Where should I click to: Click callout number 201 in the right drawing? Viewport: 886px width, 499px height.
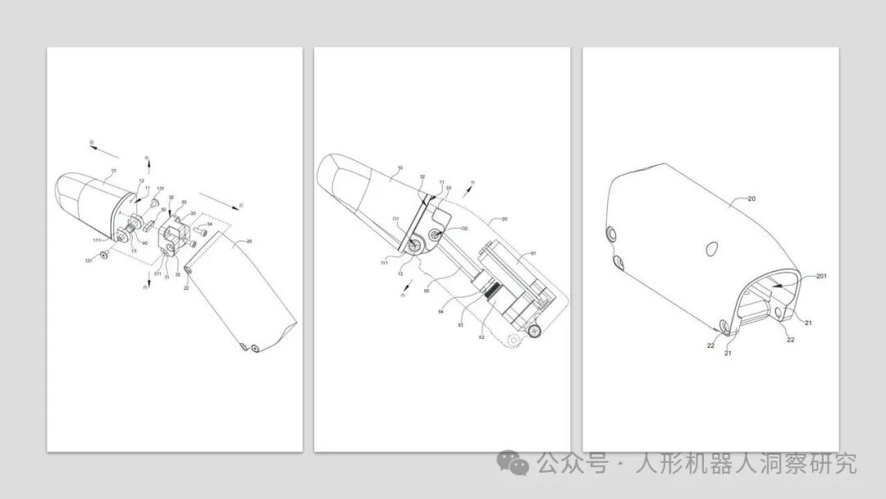pyautogui.click(x=820, y=277)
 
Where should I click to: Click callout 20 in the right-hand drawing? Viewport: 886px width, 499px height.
pyautogui.click(x=751, y=199)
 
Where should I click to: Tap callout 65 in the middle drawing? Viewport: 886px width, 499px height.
pyautogui.click(x=426, y=291)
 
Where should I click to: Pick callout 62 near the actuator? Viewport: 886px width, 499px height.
pyautogui.click(x=483, y=336)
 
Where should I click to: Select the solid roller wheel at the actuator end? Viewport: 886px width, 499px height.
pyautogui.click(x=534, y=330)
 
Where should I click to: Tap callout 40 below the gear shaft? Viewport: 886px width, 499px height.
pyautogui.click(x=145, y=242)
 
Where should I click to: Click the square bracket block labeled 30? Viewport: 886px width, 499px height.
pyautogui.click(x=179, y=229)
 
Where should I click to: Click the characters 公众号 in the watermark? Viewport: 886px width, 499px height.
pyautogui.click(x=572, y=464)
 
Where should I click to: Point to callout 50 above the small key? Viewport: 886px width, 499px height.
pyautogui.click(x=163, y=210)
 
